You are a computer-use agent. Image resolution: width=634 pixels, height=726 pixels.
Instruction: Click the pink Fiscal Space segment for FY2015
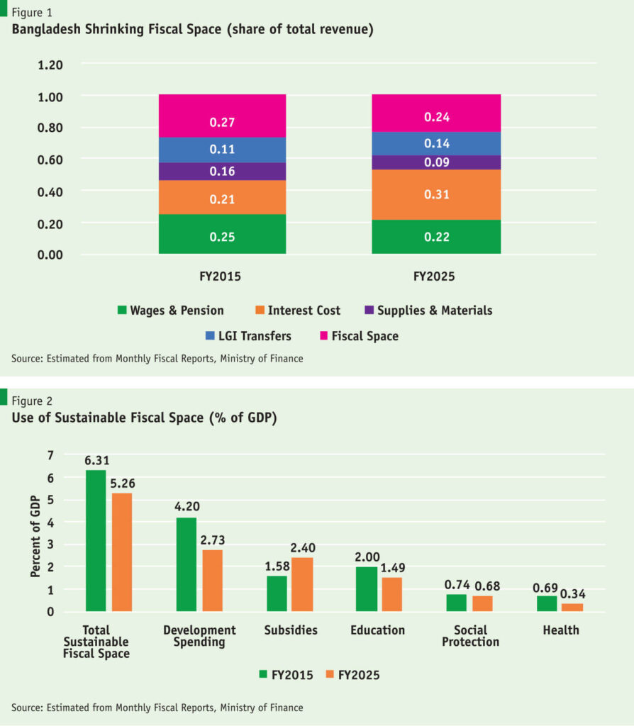pyautogui.click(x=222, y=116)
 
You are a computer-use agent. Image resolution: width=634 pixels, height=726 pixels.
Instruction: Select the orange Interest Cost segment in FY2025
pyautogui.click(x=435, y=194)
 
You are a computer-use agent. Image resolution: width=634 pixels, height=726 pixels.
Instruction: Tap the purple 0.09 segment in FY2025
pyautogui.click(x=435, y=162)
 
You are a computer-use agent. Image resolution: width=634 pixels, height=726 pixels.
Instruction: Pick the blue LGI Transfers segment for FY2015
pyautogui.click(x=222, y=150)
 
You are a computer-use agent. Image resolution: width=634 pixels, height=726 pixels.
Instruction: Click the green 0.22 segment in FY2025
pyautogui.click(x=435, y=237)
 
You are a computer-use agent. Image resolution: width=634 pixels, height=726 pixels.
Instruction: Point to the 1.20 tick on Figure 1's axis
pyautogui.click(x=50, y=65)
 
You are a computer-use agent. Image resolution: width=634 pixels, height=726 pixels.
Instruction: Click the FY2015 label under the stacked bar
pyautogui.click(x=222, y=277)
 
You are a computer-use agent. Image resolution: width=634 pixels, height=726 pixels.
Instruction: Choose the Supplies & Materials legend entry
pyautogui.click(x=427, y=310)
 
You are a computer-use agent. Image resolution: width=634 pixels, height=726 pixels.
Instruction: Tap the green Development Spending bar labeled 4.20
pyautogui.click(x=186, y=564)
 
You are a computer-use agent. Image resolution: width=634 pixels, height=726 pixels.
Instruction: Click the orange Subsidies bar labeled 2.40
pyautogui.click(x=301, y=584)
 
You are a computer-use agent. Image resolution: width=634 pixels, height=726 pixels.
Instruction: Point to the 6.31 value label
pyautogui.click(x=96, y=460)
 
